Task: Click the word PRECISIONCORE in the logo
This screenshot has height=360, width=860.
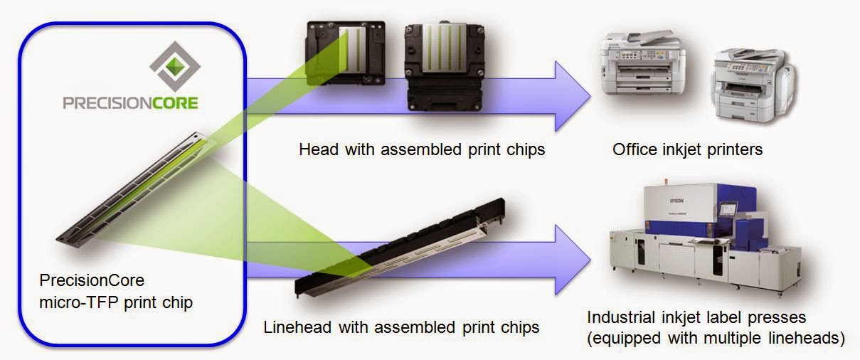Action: (x=130, y=104)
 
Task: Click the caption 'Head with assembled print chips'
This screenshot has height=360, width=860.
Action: (x=422, y=150)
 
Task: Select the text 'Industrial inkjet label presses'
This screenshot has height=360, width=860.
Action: (x=696, y=317)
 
